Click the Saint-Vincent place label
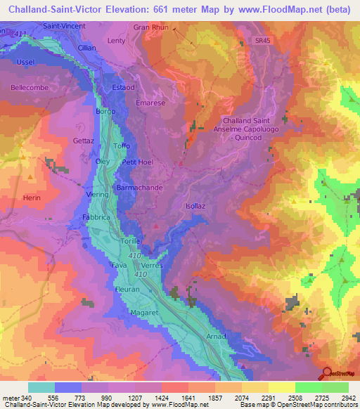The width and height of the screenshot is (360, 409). point(65,26)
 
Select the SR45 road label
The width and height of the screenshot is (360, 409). point(262,41)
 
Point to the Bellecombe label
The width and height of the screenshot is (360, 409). point(30,88)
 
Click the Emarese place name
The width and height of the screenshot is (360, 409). point(151,103)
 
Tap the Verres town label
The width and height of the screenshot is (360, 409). point(152,265)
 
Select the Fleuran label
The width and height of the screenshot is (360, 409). point(128,289)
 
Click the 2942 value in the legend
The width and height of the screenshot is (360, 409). point(347,398)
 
